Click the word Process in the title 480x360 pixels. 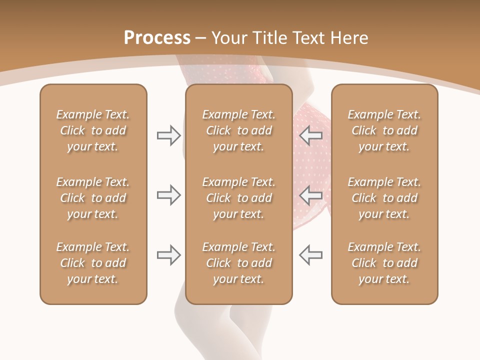157,38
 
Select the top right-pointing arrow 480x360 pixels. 169,135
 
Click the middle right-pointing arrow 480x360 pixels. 169,195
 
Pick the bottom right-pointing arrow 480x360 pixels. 169,255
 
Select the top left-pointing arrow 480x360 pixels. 310,135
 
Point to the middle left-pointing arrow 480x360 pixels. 310,195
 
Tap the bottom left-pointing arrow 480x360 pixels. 310,255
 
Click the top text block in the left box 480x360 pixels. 93,130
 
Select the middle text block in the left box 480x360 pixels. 93,198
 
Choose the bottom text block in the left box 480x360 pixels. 93,263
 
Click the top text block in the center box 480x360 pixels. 238,130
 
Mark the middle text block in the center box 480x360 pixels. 238,198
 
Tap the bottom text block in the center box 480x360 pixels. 238,263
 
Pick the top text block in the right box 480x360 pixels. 384,130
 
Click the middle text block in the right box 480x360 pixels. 384,198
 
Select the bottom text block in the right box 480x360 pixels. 384,263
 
